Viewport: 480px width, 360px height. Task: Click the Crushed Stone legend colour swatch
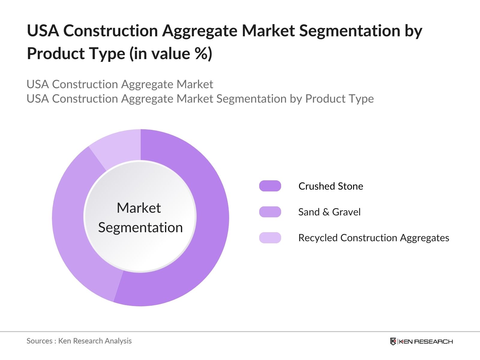pyautogui.click(x=270, y=186)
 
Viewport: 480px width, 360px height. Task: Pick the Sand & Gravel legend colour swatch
pyautogui.click(x=270, y=212)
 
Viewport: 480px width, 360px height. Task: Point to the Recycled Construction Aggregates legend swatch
pyautogui.click(x=270, y=238)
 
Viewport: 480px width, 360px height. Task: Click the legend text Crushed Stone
pyautogui.click(x=331, y=186)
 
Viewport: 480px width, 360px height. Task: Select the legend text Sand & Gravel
pyautogui.click(x=329, y=212)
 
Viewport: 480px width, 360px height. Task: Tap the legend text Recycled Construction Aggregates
pyautogui.click(x=373, y=238)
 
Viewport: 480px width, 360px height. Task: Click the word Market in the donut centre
pyautogui.click(x=139, y=208)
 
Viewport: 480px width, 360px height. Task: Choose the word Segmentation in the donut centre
pyautogui.click(x=140, y=227)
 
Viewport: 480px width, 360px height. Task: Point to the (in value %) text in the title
pyautogui.click(x=171, y=54)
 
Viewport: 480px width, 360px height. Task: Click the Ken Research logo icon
pyautogui.click(x=393, y=341)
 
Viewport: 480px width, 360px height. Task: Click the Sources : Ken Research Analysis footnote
pyautogui.click(x=79, y=341)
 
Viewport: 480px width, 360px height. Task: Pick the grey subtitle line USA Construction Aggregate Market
pyautogui.click(x=120, y=84)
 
